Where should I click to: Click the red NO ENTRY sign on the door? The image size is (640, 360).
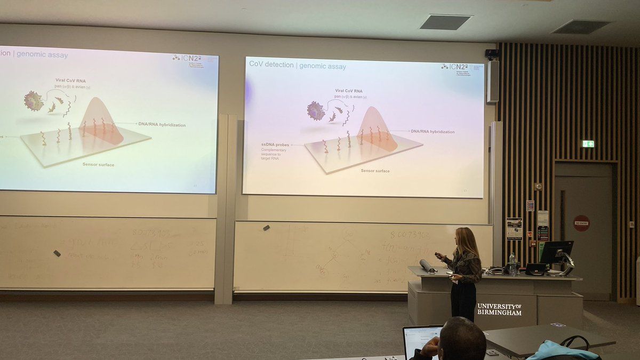pyautogui.click(x=581, y=223)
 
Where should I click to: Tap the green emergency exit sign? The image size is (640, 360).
pyautogui.click(x=588, y=143)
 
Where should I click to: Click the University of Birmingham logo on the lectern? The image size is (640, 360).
pyautogui.click(x=499, y=309)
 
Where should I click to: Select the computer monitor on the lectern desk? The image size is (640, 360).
pyautogui.click(x=556, y=252)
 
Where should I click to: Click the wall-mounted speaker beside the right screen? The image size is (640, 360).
pyautogui.click(x=492, y=81)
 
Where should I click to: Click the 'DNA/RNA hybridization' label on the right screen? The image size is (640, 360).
pyautogui.click(x=433, y=131)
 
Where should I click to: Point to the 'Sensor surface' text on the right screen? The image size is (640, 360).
pyautogui.click(x=375, y=171)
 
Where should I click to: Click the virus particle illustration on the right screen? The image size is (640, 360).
pyautogui.click(x=316, y=111)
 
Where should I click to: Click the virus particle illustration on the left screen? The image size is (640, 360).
pyautogui.click(x=34, y=101)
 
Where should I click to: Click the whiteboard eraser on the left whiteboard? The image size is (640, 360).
pyautogui.click(x=57, y=253)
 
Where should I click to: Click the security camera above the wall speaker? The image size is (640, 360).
pyautogui.click(x=491, y=53)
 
